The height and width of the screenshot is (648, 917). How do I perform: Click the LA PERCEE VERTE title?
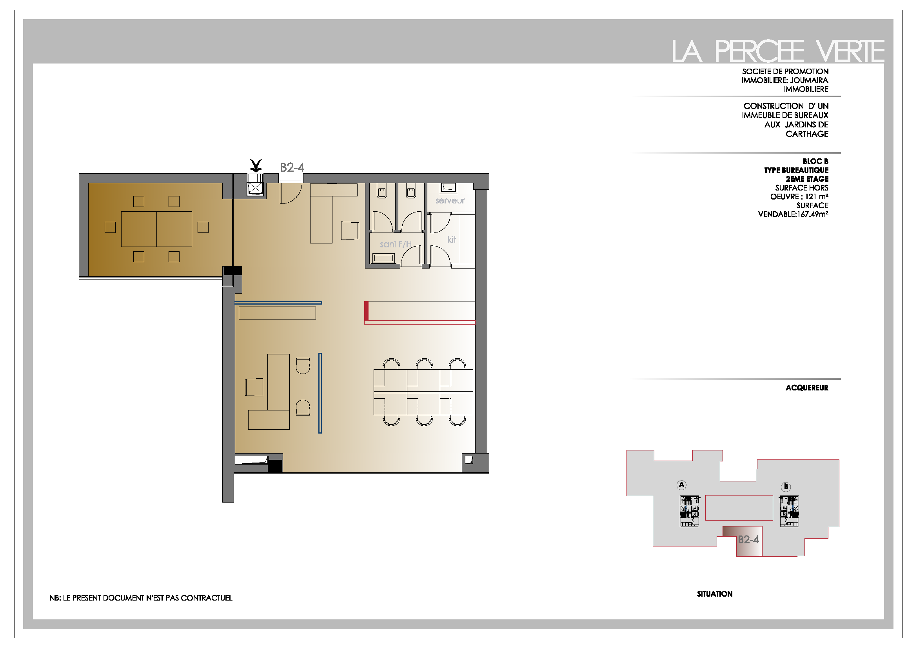777,51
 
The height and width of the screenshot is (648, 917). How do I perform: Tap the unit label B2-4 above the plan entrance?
292,167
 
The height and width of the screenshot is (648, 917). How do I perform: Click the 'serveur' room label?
450,200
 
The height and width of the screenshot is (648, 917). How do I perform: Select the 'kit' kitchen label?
451,239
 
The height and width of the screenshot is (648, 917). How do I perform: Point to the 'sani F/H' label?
396,244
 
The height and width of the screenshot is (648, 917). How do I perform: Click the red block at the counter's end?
366,311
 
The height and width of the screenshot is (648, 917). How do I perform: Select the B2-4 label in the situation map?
748,539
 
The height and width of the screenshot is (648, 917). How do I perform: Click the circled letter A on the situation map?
681,485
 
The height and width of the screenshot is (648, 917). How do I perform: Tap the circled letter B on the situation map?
786,486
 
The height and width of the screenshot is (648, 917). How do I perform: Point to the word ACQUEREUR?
807,388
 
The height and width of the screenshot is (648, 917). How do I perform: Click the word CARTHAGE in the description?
807,134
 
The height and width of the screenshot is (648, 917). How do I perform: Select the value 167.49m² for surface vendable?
812,214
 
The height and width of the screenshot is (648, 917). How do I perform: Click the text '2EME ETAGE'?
807,179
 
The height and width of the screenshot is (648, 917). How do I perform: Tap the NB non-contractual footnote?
141,598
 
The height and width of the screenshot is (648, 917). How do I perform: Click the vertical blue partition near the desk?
320,393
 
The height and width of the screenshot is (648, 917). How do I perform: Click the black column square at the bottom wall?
275,466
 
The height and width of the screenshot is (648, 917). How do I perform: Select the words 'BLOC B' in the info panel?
815,161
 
